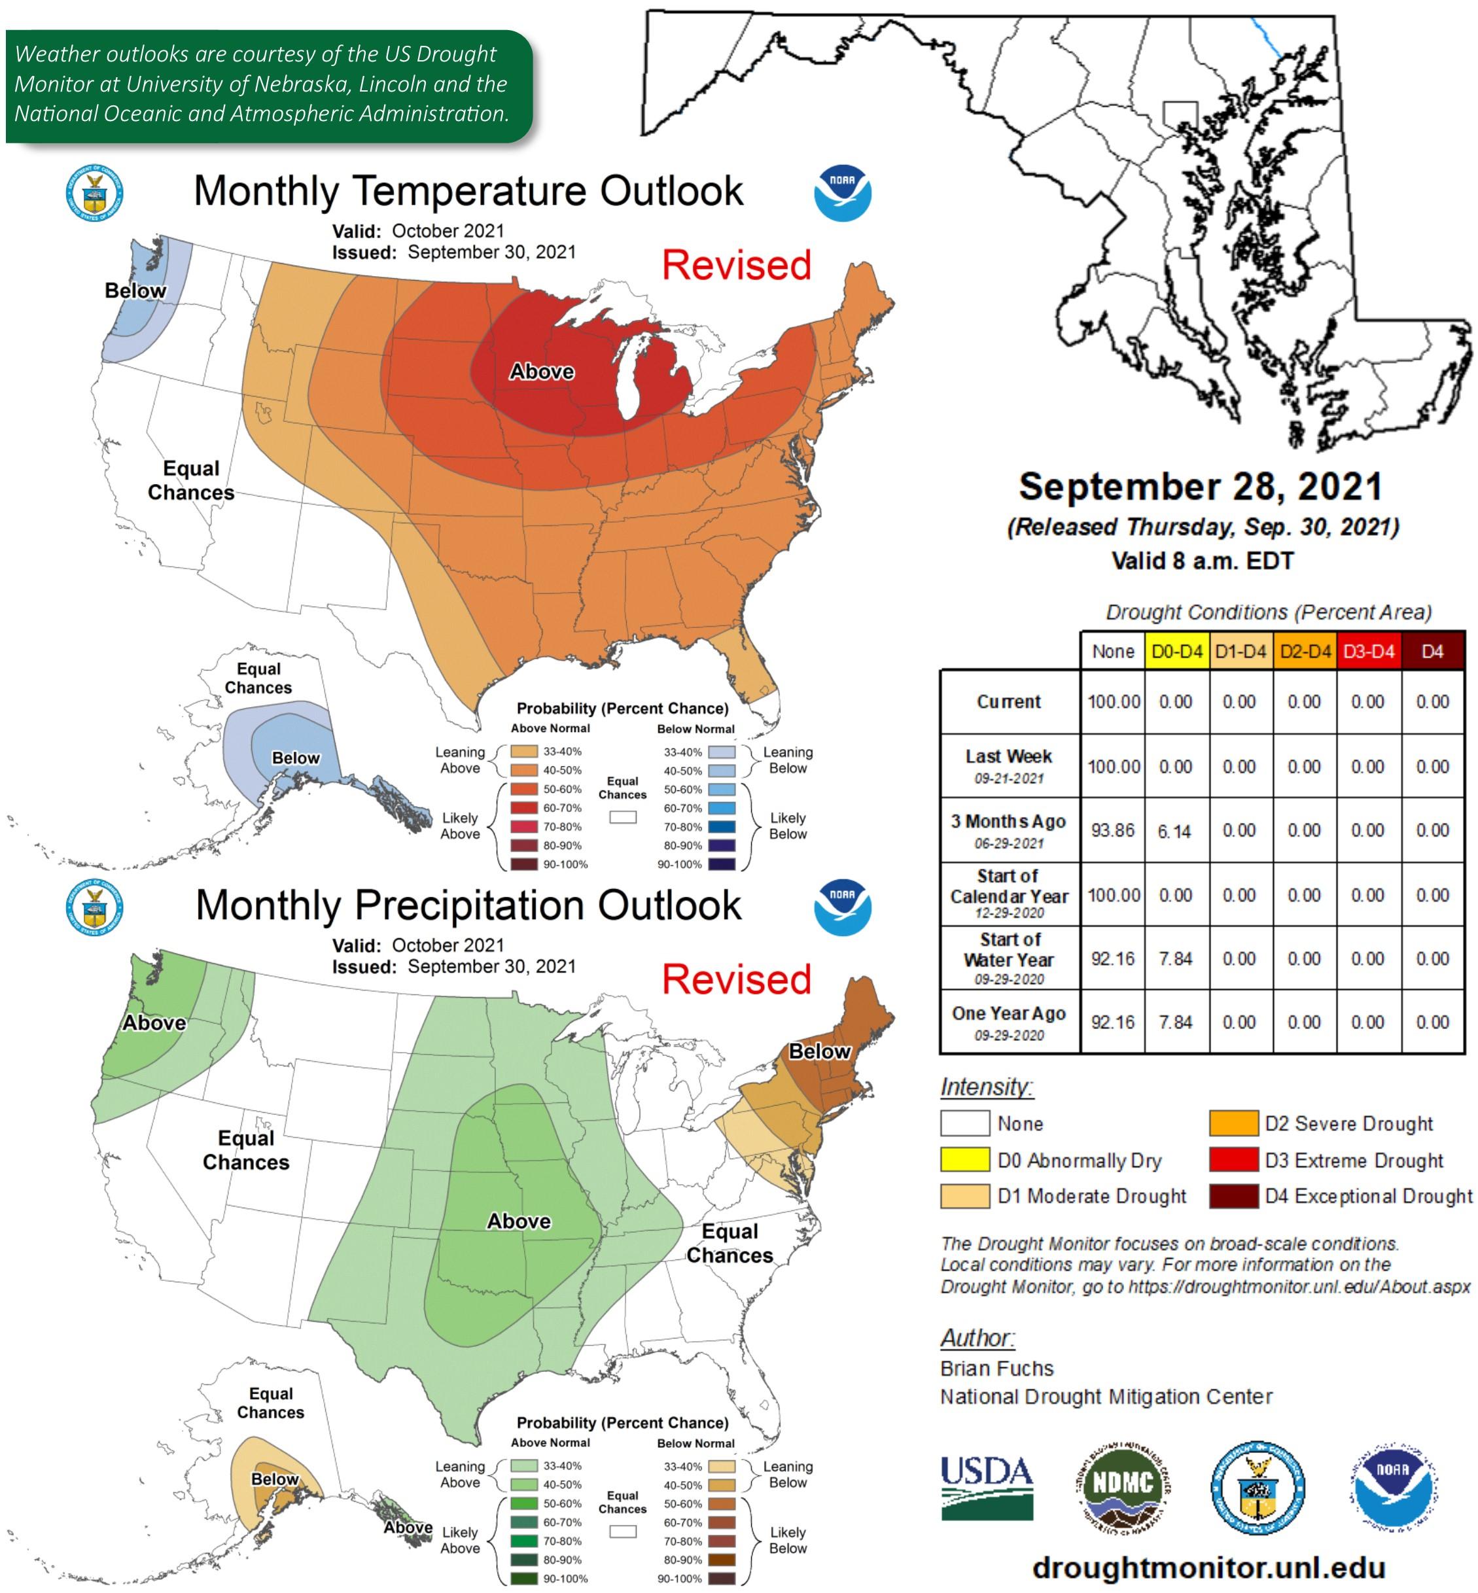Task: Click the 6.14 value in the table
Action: (1175, 831)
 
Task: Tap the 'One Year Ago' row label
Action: (1008, 1022)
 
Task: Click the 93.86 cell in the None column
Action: (1112, 831)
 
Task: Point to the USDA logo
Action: (986, 1486)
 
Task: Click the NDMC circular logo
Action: (1122, 1485)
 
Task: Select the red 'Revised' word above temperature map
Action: (736, 265)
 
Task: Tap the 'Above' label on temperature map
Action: (542, 371)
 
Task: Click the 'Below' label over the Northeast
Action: (819, 1051)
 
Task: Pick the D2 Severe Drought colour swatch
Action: (1233, 1123)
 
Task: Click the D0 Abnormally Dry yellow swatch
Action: (964, 1159)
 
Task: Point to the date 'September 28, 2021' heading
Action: (1201, 486)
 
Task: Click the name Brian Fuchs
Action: (996, 1369)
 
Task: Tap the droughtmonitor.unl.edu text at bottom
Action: (1208, 1567)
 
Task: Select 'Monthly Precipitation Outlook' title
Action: (468, 905)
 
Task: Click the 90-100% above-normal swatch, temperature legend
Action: (524, 864)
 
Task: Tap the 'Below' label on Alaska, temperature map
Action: (295, 758)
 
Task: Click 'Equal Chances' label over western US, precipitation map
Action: (245, 1150)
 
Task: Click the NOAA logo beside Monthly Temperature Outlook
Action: (842, 193)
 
